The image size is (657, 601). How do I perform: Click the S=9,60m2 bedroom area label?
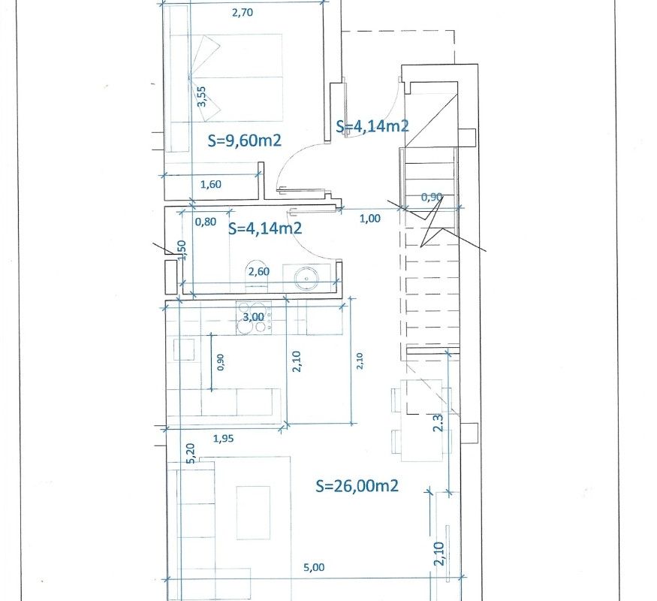tap(244, 140)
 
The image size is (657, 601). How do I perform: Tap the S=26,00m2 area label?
tap(357, 486)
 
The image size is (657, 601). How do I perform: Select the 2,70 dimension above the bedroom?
tap(243, 13)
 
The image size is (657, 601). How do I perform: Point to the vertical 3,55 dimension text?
tap(201, 96)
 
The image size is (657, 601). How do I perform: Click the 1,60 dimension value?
tap(211, 184)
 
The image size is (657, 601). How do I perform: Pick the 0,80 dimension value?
tap(206, 222)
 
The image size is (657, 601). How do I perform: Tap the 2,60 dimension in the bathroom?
tap(259, 272)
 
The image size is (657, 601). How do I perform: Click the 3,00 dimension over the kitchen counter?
tap(254, 317)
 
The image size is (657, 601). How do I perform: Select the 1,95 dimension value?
tap(223, 439)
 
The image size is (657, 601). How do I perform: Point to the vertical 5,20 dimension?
tap(191, 454)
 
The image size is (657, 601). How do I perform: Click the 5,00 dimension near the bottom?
tap(314, 567)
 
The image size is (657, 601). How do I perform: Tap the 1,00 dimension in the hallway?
tap(370, 219)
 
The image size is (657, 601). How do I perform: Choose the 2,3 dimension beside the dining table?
tap(438, 423)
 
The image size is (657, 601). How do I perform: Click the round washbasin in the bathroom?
tap(306, 278)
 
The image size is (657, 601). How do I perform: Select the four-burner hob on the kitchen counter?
tap(254, 318)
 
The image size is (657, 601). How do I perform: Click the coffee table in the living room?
tap(253, 512)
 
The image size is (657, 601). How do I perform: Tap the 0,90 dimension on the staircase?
tap(432, 197)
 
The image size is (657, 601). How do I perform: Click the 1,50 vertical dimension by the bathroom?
tap(182, 250)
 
